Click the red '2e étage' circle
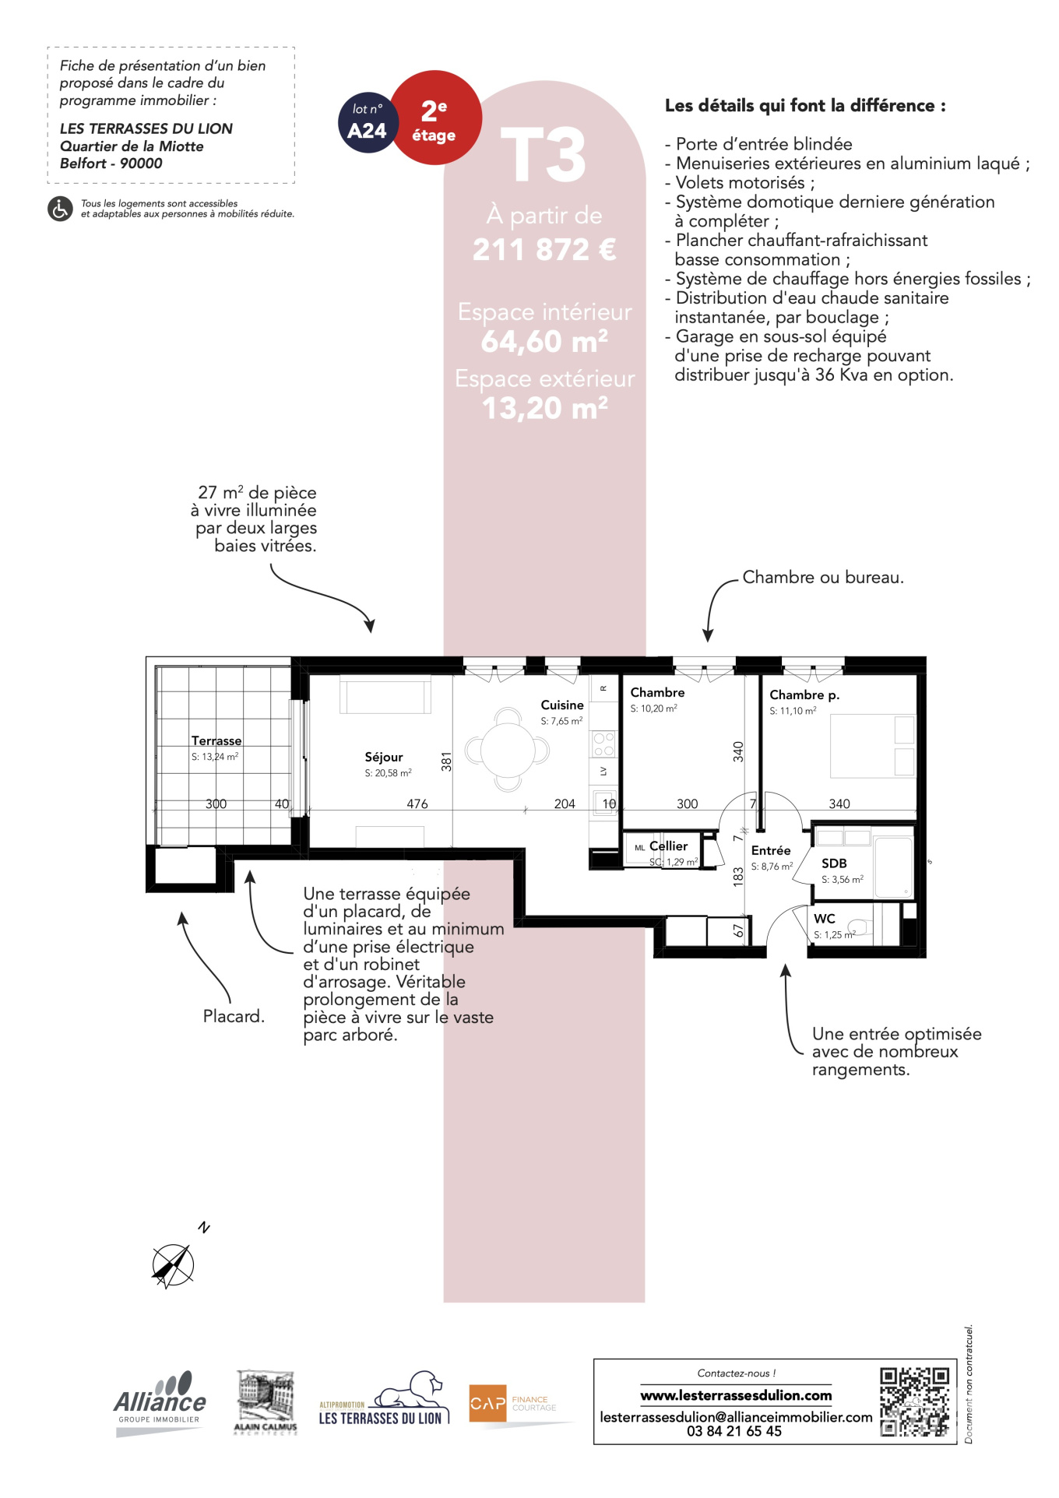click(435, 118)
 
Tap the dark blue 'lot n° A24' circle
click(368, 122)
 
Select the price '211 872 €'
click(544, 250)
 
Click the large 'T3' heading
click(544, 155)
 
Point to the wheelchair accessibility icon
click(60, 209)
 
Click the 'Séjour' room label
click(384, 757)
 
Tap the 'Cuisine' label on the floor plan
click(562, 705)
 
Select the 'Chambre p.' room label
click(804, 694)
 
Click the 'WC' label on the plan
click(825, 919)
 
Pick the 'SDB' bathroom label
click(834, 863)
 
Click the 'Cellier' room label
click(668, 846)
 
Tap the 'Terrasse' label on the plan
click(216, 740)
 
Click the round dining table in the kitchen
click(508, 750)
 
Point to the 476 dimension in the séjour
click(417, 804)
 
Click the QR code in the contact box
click(915, 1402)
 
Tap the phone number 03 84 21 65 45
click(734, 1431)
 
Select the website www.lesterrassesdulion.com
click(736, 1396)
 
